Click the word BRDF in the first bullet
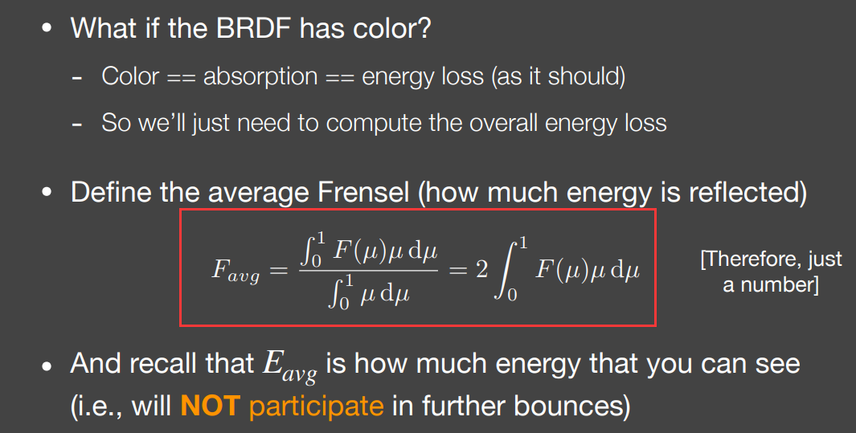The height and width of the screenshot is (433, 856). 253,28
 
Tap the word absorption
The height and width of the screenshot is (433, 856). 260,76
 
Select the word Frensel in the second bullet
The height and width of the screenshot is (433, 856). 363,193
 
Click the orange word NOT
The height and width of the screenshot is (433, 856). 210,406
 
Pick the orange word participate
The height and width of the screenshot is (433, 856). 317,406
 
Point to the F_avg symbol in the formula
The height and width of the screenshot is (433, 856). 236,271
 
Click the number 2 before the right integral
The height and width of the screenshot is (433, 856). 481,269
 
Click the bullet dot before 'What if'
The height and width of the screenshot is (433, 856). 47,28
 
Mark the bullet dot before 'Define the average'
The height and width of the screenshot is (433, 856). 47,193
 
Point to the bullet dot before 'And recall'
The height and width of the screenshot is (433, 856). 47,366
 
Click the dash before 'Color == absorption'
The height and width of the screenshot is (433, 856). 77,79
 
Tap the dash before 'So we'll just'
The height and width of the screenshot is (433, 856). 77,125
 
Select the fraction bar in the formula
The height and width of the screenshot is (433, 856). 368,269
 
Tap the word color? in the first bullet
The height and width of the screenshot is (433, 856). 392,28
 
